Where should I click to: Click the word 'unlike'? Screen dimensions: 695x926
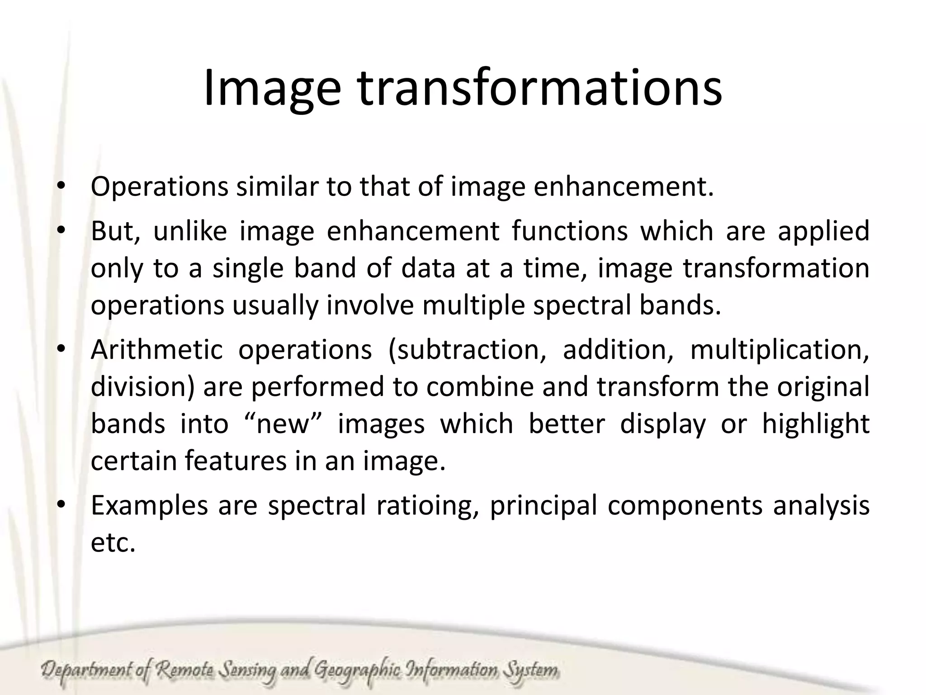coord(190,231)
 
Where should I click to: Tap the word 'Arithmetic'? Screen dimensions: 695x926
coord(157,349)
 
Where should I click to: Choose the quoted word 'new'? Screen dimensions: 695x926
coord(282,424)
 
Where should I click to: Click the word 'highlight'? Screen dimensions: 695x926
coord(816,424)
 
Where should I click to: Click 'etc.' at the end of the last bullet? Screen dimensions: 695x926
coord(113,543)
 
